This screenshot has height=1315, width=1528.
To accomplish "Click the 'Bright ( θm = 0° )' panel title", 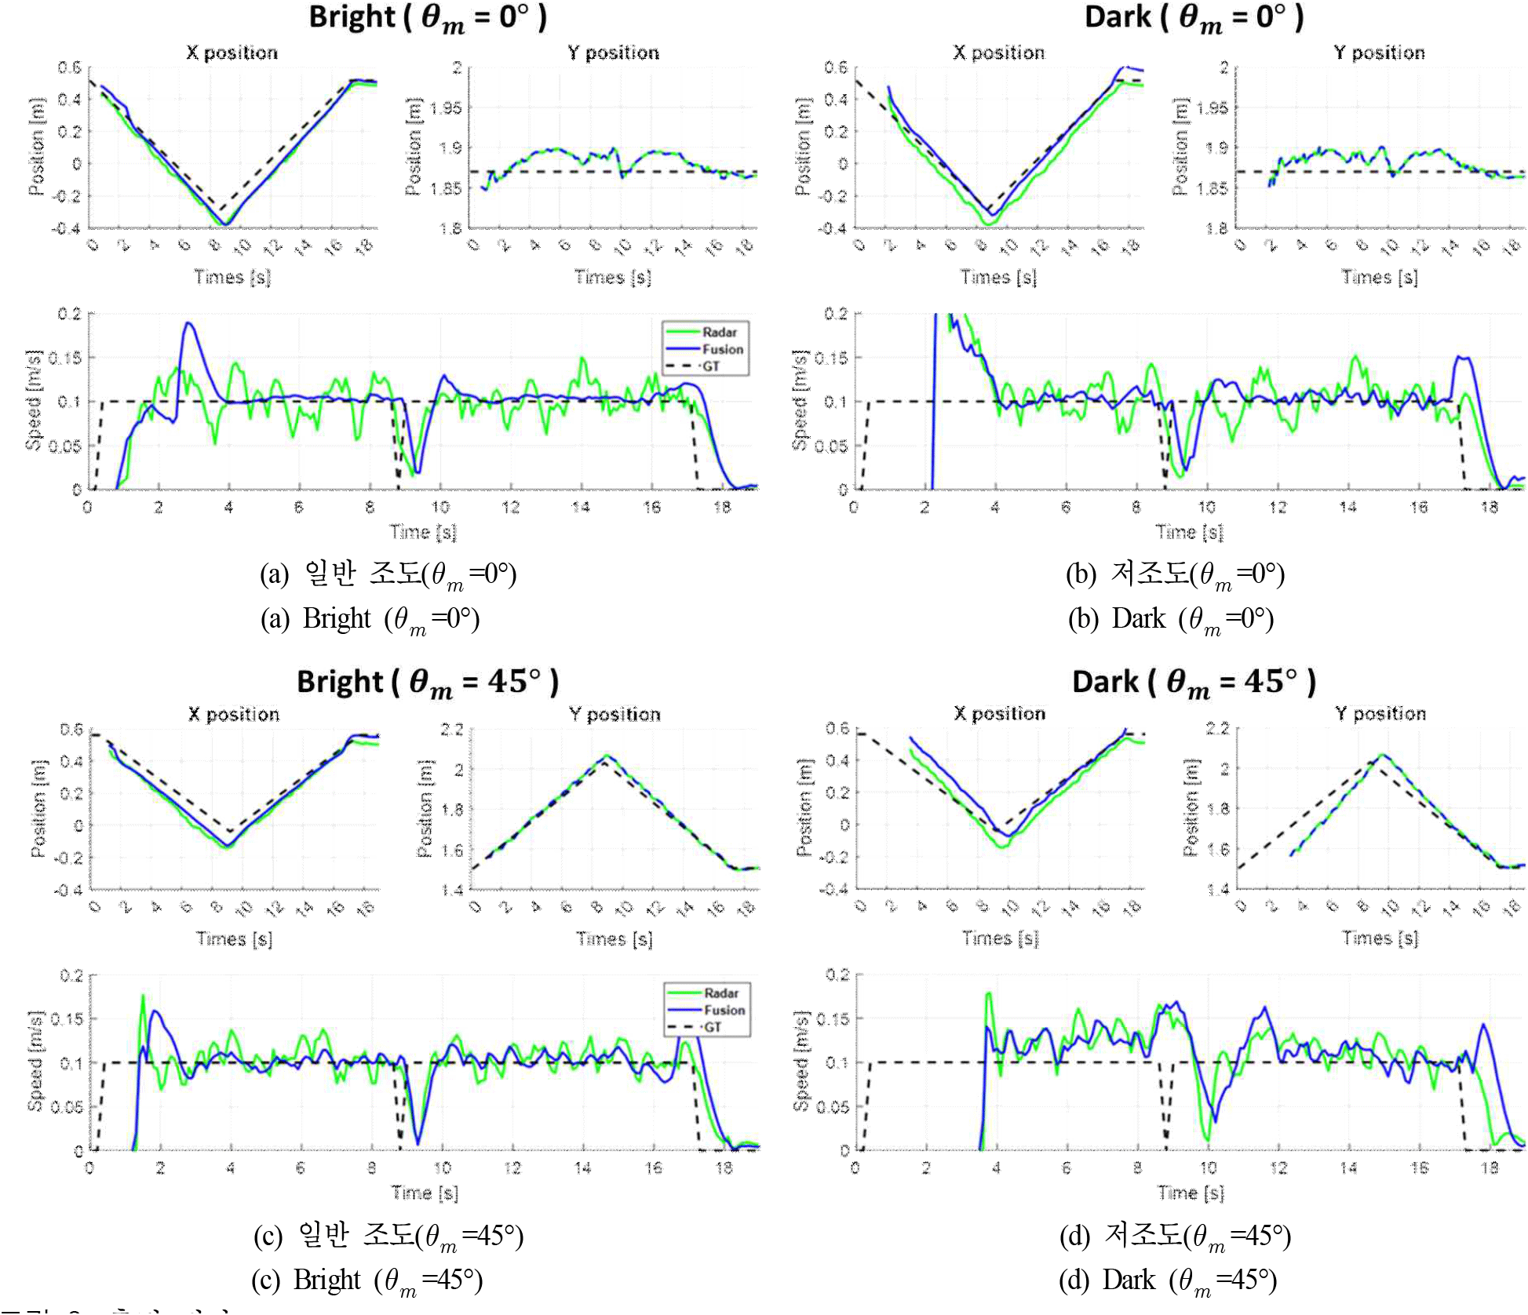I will (x=428, y=17).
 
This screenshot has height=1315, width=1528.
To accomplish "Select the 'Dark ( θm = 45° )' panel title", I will (x=1194, y=681).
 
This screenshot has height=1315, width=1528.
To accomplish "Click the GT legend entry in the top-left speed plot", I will (x=710, y=366).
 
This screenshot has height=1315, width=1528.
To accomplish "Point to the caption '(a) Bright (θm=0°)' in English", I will (x=370, y=619).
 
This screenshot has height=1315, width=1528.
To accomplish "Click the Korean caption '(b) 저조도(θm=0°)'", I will (x=1175, y=574).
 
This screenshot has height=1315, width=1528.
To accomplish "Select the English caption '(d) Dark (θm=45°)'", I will (x=1168, y=1280).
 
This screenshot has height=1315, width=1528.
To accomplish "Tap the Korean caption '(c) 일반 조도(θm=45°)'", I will (x=388, y=1236).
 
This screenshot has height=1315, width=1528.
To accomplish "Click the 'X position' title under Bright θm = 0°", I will (x=232, y=53).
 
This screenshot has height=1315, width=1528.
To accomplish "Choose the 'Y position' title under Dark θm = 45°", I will (x=1380, y=713).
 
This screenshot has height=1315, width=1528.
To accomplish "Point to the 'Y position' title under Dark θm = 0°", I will (x=1379, y=53).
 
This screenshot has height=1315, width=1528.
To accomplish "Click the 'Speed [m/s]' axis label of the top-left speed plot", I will (x=33, y=400).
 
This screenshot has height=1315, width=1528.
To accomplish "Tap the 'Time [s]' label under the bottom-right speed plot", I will (x=1191, y=1193).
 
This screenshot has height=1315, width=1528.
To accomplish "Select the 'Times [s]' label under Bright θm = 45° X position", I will (x=234, y=938).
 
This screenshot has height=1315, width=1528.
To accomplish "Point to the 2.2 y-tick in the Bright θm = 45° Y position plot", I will (x=451, y=730).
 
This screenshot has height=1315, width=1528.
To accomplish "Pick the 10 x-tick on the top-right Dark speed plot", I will (x=1206, y=507).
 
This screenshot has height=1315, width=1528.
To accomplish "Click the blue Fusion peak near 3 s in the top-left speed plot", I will (x=188, y=322).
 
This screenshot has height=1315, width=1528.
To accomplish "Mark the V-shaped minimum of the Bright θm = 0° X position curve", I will (x=225, y=225).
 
